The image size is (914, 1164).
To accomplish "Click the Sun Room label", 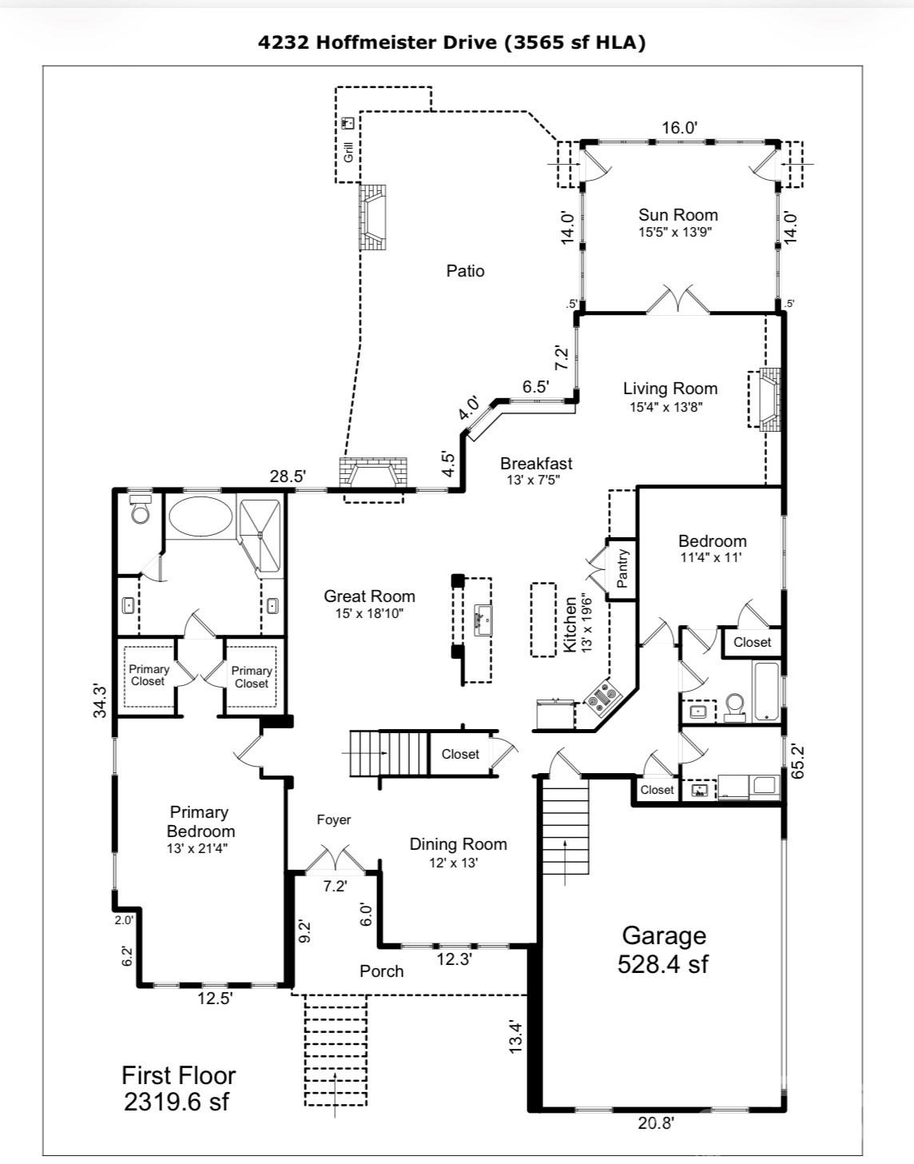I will pos(678,215).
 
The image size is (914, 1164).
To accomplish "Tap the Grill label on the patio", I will pos(348,151).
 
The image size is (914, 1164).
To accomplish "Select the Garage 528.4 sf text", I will pos(663,949).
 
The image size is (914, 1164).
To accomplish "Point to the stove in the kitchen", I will pos(602,698).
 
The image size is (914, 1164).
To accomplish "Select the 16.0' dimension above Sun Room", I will pos(679,127).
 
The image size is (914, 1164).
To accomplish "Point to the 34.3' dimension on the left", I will pos(100,700).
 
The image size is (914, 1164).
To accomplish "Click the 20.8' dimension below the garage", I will pos(656,1123).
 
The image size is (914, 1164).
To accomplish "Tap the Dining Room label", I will pos(458,844).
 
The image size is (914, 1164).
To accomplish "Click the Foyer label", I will pos(333,819).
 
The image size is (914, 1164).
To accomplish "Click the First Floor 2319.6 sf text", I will pos(177,1088).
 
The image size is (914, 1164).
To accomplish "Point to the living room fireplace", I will pos(765,401).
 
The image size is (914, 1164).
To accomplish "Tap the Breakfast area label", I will pos(536,463).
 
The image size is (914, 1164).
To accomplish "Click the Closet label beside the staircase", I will pos(460,754).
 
